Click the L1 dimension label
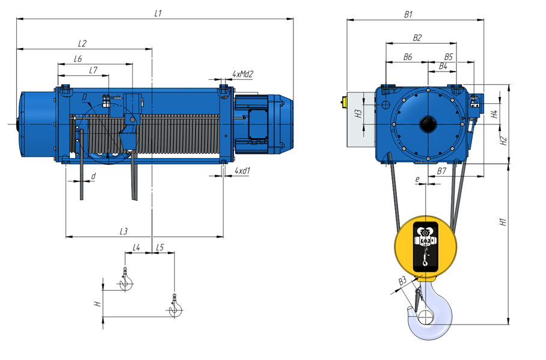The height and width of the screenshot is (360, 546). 158,14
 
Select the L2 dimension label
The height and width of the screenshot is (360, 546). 82,43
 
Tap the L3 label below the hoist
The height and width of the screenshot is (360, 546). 124,231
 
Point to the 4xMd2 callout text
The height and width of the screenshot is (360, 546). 243,74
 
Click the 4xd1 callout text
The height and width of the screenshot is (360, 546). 242,171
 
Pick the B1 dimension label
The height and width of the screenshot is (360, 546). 408,14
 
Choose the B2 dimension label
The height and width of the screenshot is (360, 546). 417,38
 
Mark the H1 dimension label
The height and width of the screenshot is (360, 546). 503,222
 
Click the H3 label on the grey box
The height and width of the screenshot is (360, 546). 358,113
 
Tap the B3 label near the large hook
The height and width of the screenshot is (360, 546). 402,281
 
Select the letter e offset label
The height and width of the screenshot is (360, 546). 417,179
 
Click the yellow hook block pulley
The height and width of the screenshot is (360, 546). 426,247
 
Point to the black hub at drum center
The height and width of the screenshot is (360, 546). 428,124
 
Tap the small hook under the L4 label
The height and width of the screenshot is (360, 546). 126,279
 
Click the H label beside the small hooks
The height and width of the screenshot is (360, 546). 98,304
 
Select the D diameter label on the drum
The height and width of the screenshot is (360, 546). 85,97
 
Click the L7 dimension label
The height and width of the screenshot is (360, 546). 93,70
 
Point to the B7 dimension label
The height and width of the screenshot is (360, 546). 441,171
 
